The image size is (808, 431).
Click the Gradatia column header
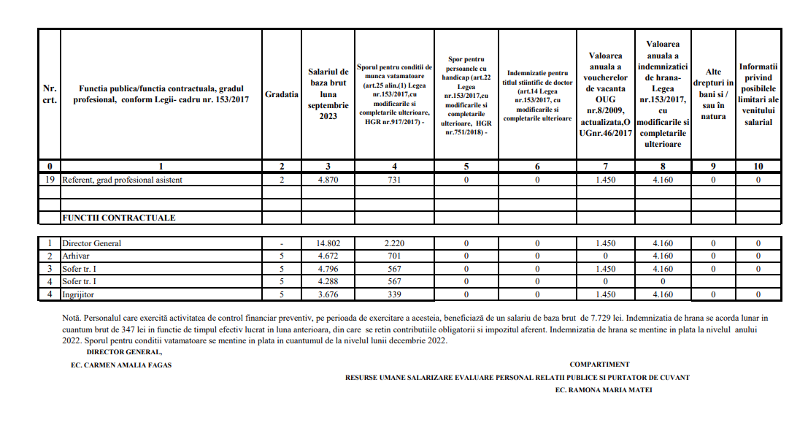[281, 94]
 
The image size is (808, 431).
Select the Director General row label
[91, 243]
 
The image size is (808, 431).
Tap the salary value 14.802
[328, 243]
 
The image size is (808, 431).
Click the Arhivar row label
[77, 256]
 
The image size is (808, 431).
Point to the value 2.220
[394, 243]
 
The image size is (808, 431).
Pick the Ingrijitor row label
[80, 294]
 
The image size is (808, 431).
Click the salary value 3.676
[328, 294]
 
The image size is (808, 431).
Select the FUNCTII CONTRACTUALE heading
[119, 218]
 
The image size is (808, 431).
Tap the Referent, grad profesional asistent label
[122, 180]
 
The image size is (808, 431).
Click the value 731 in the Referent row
[394, 180]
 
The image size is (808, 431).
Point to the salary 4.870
[328, 180]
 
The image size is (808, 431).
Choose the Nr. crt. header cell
[50, 94]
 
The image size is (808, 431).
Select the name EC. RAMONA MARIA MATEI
[604, 390]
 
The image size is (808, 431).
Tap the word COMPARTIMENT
[599, 364]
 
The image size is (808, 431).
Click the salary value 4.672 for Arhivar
[328, 256]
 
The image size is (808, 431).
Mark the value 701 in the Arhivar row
[394, 256]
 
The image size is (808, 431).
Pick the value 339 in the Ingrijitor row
[394, 294]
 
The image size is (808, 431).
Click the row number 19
[50, 180]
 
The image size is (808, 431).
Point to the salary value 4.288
[328, 281]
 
